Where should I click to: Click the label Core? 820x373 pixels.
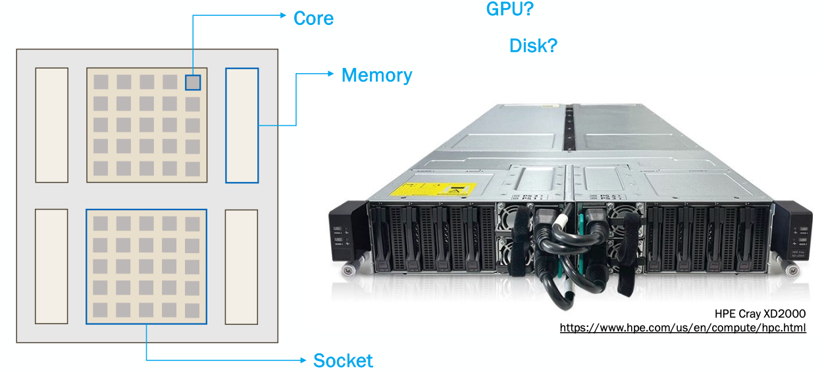tap(313, 18)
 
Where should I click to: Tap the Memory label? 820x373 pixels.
tap(376, 75)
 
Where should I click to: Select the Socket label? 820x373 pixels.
tap(343, 360)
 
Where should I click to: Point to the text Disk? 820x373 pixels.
tap(533, 45)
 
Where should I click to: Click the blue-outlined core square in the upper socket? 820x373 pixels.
tap(192, 82)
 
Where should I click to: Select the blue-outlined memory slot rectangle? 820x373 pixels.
tap(242, 125)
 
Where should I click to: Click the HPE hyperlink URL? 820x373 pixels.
tap(682, 328)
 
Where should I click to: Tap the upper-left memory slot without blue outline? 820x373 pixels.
tap(52, 125)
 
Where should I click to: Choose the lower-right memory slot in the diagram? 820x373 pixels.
tap(241, 267)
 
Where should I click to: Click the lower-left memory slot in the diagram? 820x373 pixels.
tap(51, 267)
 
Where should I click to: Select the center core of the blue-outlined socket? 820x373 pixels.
tap(146, 266)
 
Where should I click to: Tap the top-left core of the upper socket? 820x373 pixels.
tap(101, 82)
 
